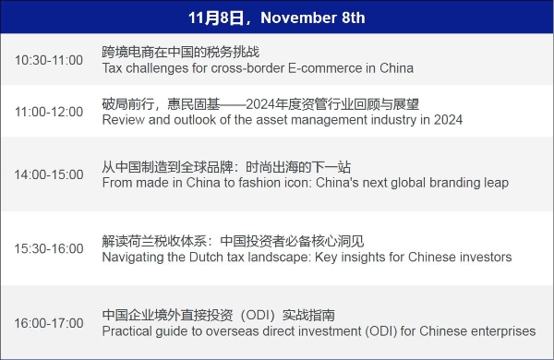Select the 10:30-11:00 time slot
[x=48, y=60]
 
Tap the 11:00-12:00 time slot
[x=48, y=112]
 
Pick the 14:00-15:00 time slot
[x=48, y=174]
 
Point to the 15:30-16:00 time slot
[x=48, y=249]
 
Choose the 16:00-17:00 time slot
[x=48, y=322]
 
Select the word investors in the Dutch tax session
[x=485, y=258]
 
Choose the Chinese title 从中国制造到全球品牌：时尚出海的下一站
[x=227, y=167]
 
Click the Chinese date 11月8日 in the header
[x=217, y=18]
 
